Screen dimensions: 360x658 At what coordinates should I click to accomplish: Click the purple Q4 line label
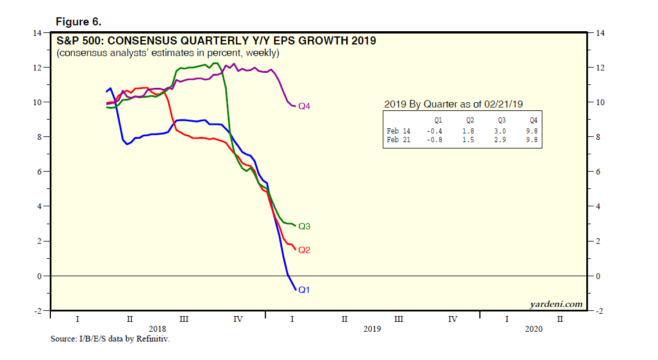point(305,107)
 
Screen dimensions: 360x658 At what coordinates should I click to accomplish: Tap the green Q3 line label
point(305,227)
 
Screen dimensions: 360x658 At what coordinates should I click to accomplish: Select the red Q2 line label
point(305,250)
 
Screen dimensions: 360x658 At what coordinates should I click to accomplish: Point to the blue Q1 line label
point(305,290)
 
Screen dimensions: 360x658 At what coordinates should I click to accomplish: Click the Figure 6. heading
point(78,22)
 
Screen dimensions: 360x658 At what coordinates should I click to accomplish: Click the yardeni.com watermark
point(556,304)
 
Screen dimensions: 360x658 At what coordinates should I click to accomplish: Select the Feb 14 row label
point(398,131)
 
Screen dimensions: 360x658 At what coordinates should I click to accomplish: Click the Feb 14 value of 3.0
point(501,131)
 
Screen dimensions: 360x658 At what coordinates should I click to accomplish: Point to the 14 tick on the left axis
point(38,33)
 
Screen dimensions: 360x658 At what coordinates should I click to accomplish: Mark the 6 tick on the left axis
point(40,172)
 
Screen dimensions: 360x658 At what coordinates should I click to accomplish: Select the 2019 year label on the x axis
point(372,329)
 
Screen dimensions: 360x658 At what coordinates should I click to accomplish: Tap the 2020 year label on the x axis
point(533,329)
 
